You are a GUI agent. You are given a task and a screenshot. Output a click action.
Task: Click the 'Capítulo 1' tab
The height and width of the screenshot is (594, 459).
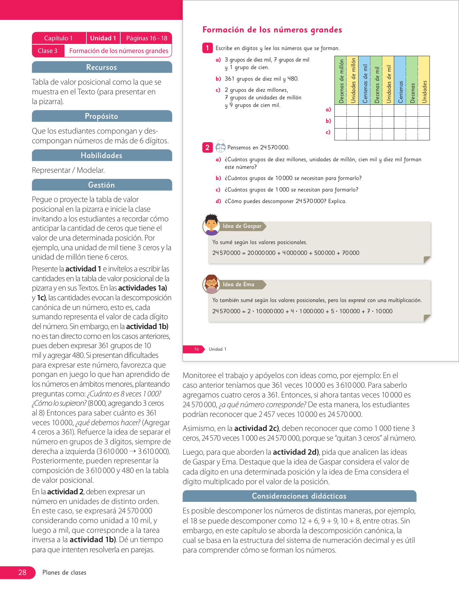click(x=58, y=38)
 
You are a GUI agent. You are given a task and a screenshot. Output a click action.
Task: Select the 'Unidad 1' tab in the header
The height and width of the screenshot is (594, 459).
click(x=103, y=38)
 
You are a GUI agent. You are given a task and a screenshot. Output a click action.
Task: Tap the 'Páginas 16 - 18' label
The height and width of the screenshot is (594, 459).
click(x=147, y=38)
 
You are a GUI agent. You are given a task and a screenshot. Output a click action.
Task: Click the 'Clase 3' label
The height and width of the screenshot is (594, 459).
click(x=48, y=51)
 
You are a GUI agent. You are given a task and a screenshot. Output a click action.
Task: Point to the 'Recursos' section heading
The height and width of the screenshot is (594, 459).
click(x=102, y=67)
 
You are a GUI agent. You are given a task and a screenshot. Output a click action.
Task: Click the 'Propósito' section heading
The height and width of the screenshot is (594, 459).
click(x=102, y=116)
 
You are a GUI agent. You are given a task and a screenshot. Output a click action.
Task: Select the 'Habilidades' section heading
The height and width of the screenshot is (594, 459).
click(x=102, y=156)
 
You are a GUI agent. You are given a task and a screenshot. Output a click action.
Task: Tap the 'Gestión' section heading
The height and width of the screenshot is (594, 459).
click(x=102, y=185)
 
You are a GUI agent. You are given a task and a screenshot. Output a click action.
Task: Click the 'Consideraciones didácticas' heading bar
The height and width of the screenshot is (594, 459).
click(x=299, y=496)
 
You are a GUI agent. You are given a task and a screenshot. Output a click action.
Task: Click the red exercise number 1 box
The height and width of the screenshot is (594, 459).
click(x=207, y=48)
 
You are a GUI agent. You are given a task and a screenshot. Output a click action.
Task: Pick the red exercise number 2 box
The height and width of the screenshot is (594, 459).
click(x=207, y=147)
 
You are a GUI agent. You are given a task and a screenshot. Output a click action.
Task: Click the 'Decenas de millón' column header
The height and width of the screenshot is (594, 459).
click(x=341, y=81)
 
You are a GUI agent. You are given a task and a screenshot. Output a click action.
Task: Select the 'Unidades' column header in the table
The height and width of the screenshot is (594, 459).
click(x=424, y=81)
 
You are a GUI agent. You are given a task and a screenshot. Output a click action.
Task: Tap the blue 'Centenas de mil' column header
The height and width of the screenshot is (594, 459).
click(x=365, y=81)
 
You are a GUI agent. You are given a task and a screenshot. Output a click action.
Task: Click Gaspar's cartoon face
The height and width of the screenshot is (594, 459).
click(x=211, y=224)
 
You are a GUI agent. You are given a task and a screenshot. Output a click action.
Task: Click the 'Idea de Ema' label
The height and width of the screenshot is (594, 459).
click(x=238, y=284)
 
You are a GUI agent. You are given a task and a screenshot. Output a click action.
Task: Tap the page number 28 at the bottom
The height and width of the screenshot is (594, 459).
click(x=22, y=572)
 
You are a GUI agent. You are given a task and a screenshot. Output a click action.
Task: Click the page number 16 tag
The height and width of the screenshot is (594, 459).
click(x=196, y=349)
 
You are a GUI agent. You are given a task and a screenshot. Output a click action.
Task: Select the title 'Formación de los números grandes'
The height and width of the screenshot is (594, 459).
click(x=272, y=30)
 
